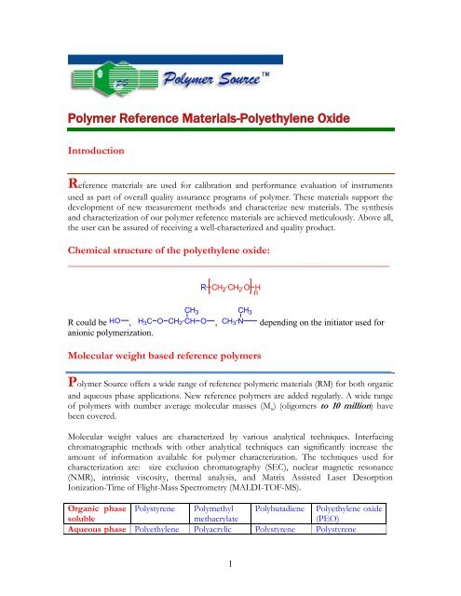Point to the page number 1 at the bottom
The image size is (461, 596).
pos(228,587)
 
